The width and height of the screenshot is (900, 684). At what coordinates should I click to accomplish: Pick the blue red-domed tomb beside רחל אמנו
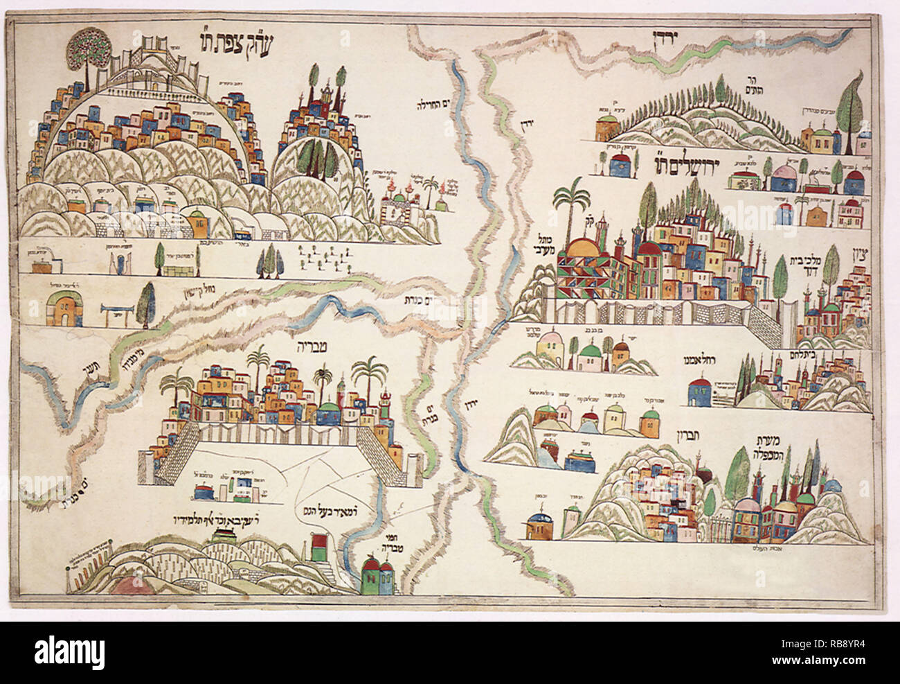tap(698, 392)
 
